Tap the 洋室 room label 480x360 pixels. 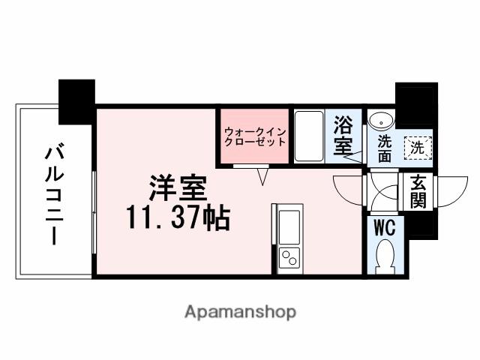pos(177,184)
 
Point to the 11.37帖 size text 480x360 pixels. pos(177,218)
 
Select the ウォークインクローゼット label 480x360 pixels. pos(254,136)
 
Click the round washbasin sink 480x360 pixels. pos(381,120)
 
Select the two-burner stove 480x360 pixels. pos(288,259)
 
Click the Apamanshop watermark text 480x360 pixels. pos(239,310)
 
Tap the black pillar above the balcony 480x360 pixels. pos(76,101)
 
